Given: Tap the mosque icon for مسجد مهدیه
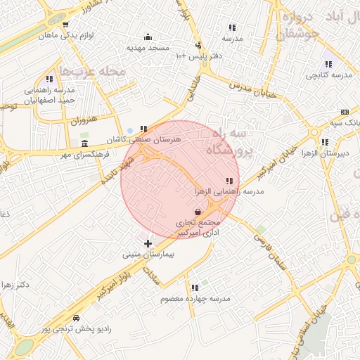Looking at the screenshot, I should (x=148, y=37).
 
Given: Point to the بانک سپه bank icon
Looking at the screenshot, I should (x=345, y=112).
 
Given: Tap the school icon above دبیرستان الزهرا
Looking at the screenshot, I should (x=324, y=142).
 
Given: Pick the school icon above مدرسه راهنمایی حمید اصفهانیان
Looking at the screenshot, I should (x=49, y=79).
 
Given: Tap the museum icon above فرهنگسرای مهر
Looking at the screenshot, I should (x=85, y=143).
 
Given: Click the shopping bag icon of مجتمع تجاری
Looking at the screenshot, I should (x=198, y=212).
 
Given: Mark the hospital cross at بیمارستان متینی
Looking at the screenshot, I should (x=148, y=243).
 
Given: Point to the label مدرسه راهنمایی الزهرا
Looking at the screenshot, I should (x=229, y=191).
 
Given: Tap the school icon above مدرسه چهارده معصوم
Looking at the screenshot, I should (x=195, y=288).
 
